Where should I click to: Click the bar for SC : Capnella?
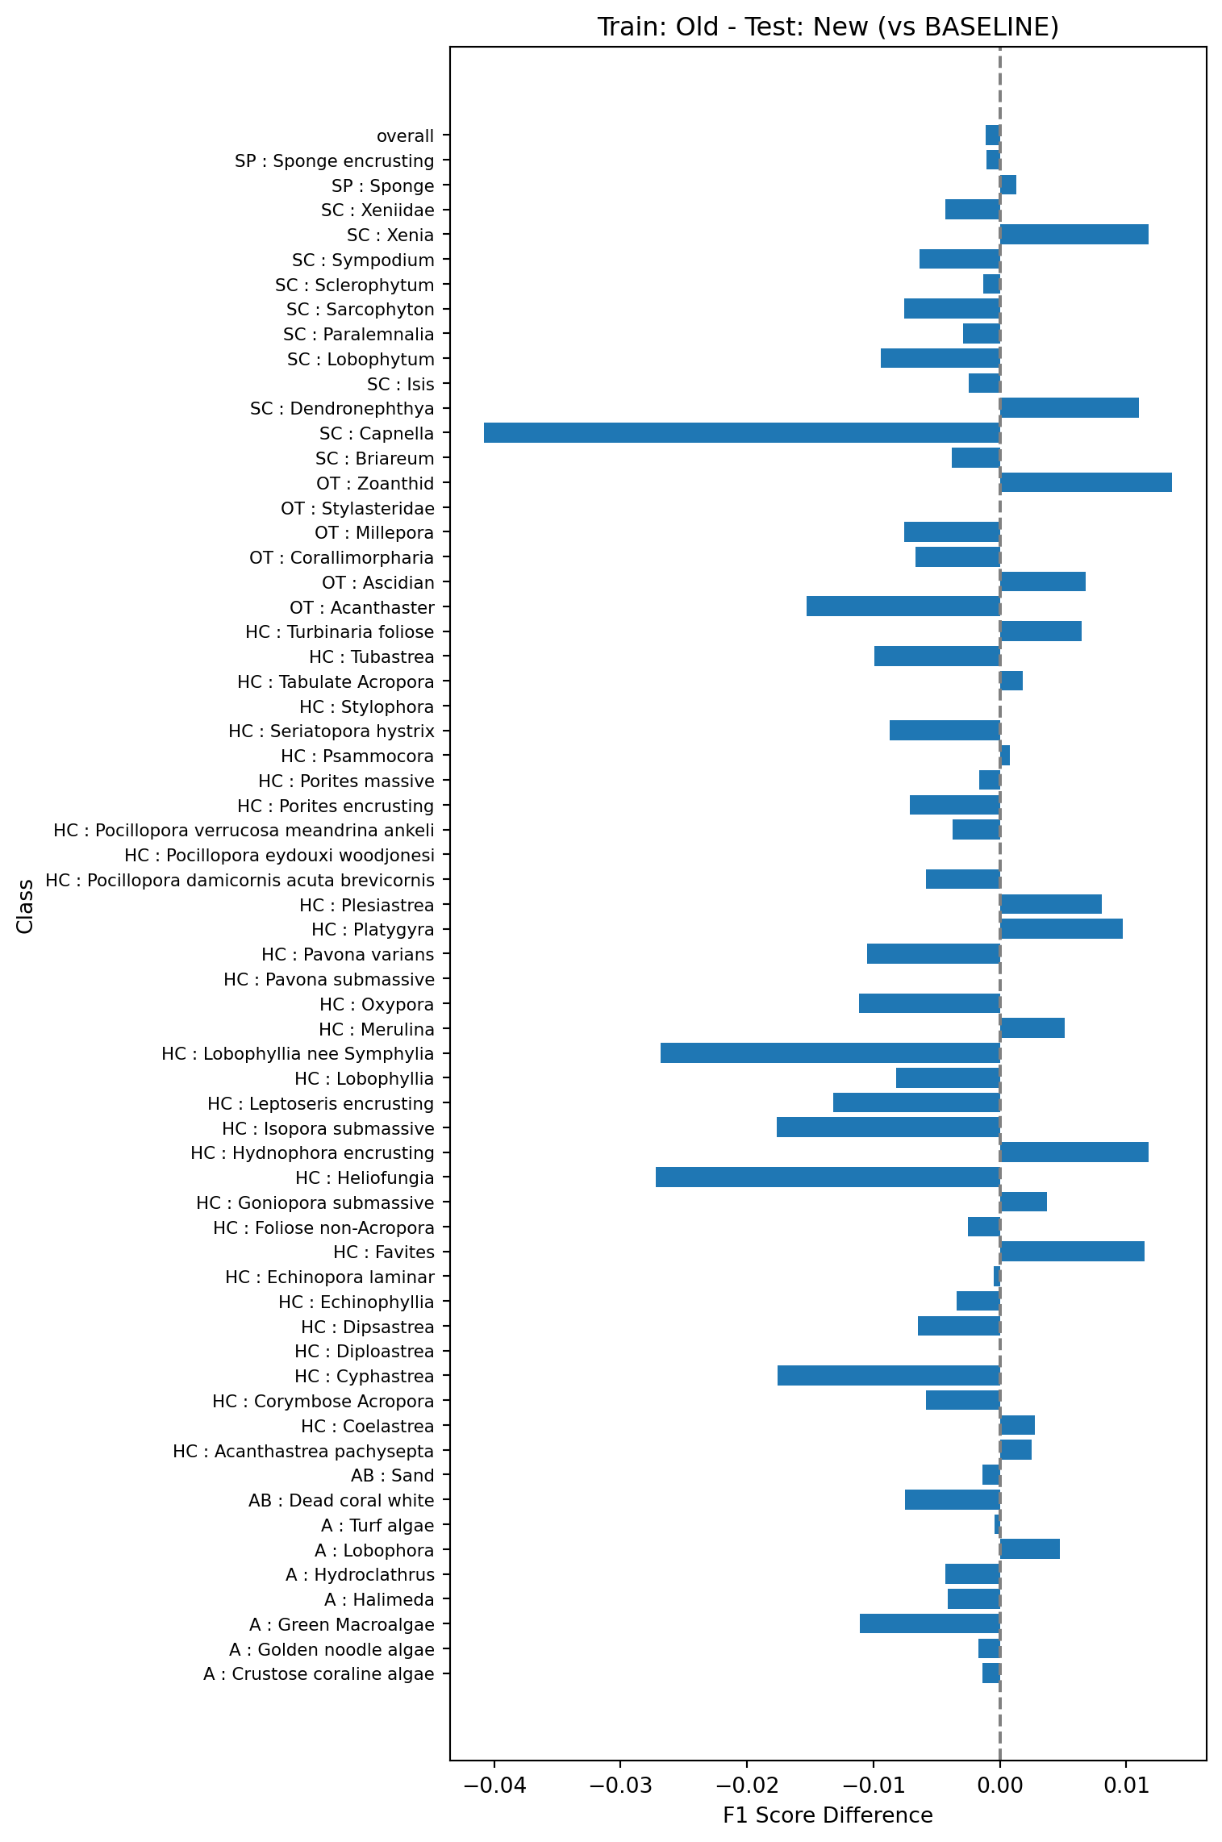[742, 433]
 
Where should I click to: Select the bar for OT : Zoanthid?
[1086, 483]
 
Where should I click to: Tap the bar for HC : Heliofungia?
[828, 1177]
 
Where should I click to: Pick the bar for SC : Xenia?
[1074, 235]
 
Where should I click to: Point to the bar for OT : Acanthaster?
[903, 606]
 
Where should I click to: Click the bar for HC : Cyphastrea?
[889, 1376]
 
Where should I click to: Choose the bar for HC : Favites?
[1072, 1252]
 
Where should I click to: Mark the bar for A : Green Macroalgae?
[930, 1623]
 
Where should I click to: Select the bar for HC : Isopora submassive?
[888, 1127]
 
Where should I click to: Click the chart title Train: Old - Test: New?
[828, 27]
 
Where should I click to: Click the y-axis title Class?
[26, 906]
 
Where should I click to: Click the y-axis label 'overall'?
[405, 136]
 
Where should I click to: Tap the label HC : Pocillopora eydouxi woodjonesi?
[279, 856]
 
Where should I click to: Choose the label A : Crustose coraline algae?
[319, 1674]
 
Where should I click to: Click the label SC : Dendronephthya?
[342, 409]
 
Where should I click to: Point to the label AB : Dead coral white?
[341, 1501]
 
